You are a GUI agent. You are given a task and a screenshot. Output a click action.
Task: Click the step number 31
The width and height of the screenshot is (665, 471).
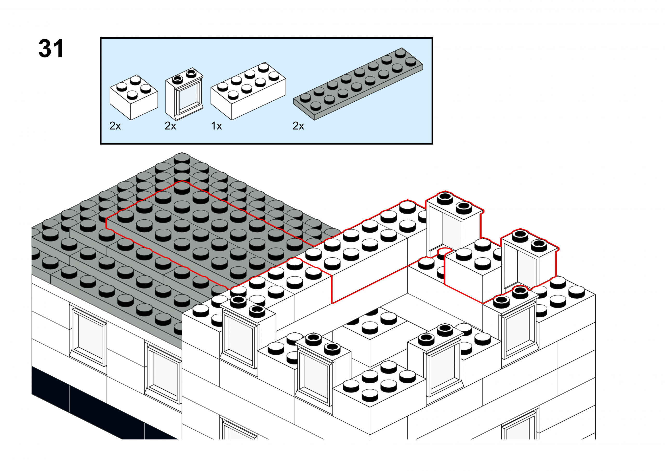pos(51,48)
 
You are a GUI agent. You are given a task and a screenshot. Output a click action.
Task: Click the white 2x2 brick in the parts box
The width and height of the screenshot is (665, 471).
pos(134,97)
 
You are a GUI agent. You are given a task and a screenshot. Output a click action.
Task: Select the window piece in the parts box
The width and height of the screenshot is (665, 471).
pos(184,94)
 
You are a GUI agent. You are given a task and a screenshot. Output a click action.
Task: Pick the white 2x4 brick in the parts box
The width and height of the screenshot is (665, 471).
pos(248,91)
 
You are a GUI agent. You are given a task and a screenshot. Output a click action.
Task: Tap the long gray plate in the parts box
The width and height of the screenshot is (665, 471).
pos(358,84)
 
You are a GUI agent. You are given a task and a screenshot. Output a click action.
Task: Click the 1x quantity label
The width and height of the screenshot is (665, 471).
pos(216,126)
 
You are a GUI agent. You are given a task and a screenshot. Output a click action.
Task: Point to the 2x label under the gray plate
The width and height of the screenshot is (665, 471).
pos(298,126)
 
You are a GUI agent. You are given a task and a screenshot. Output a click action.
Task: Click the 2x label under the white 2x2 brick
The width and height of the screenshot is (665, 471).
pos(115,126)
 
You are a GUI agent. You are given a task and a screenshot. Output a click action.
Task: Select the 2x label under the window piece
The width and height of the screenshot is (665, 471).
pos(170,126)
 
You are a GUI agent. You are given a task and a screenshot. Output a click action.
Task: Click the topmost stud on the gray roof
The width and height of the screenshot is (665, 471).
pos(182,158)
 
